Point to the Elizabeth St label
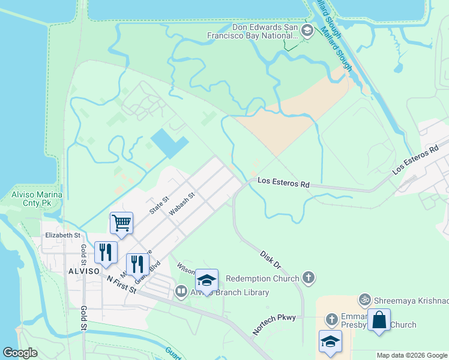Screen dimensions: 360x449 [x=62, y=235]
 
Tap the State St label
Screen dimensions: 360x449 [x=159, y=206]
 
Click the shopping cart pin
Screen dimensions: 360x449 [x=121, y=223]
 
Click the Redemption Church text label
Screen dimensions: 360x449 [x=262, y=278]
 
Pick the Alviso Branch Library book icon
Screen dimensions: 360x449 [x=181, y=292]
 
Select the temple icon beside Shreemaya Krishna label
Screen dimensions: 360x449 [x=363, y=299]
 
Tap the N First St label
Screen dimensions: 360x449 [x=122, y=286]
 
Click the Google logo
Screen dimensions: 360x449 [x=20, y=353]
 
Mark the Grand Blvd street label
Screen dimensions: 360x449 [x=151, y=268]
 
